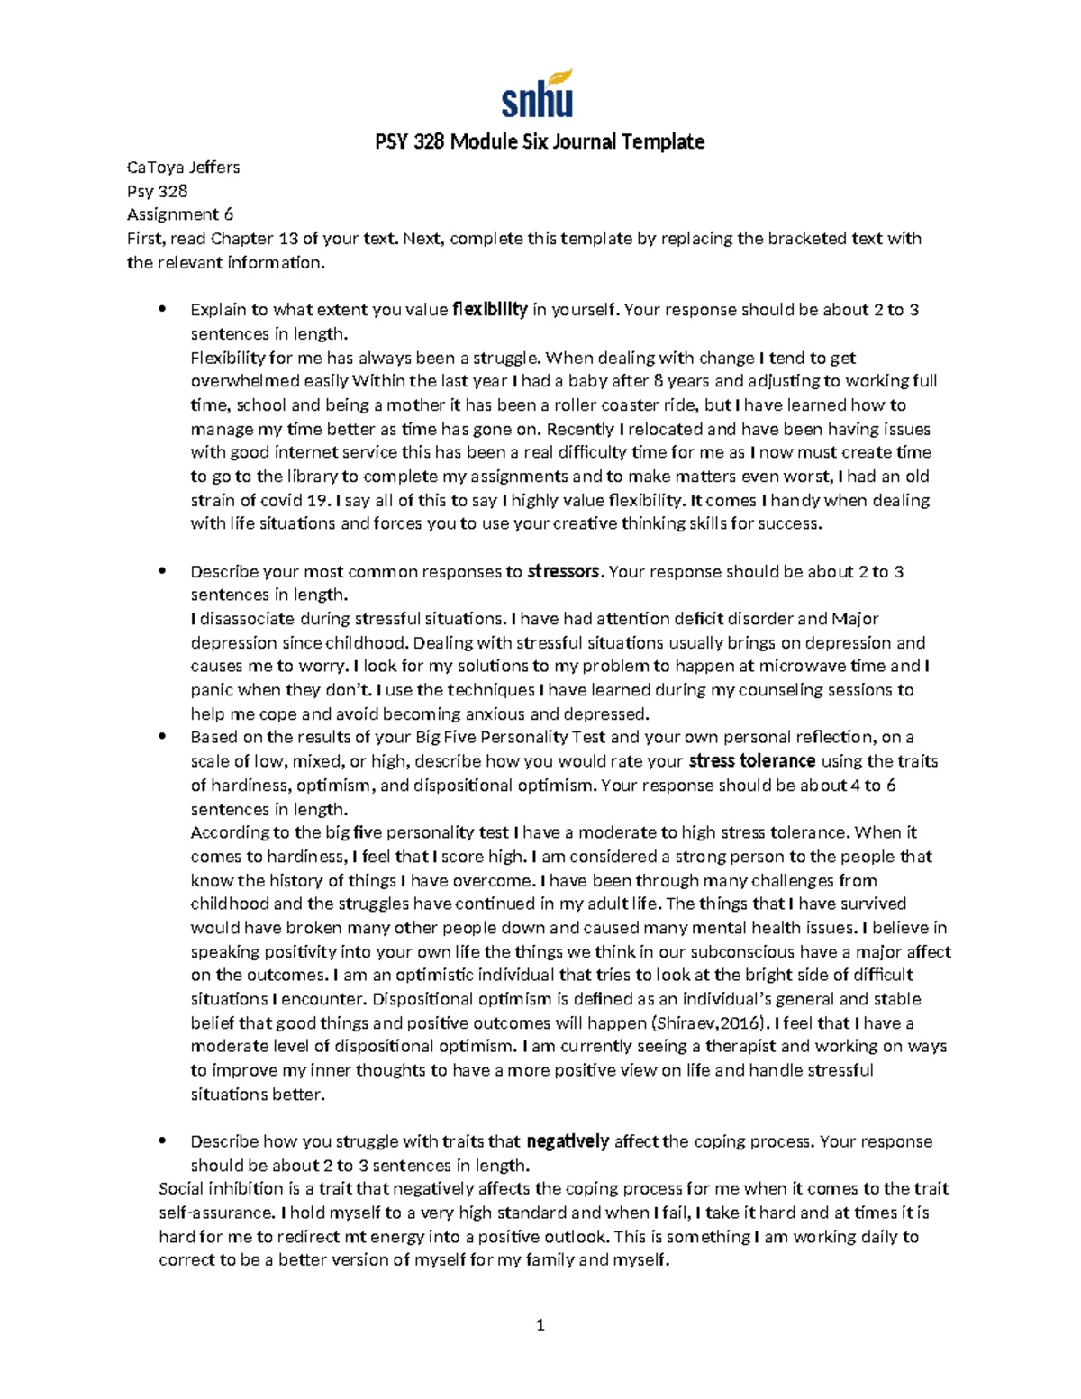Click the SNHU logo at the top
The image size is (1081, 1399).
click(538, 95)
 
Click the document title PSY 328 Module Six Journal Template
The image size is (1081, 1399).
click(540, 141)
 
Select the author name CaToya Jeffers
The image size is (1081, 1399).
click(183, 167)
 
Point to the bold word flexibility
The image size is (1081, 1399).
click(489, 310)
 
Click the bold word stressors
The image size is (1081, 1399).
click(563, 571)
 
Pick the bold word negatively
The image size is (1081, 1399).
click(568, 1141)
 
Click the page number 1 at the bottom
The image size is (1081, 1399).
click(540, 1325)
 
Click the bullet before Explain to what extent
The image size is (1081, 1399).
click(162, 310)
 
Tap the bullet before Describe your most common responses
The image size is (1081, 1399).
click(162, 571)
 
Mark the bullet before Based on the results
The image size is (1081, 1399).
click(162, 737)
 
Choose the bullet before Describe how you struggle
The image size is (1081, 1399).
click(162, 1141)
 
